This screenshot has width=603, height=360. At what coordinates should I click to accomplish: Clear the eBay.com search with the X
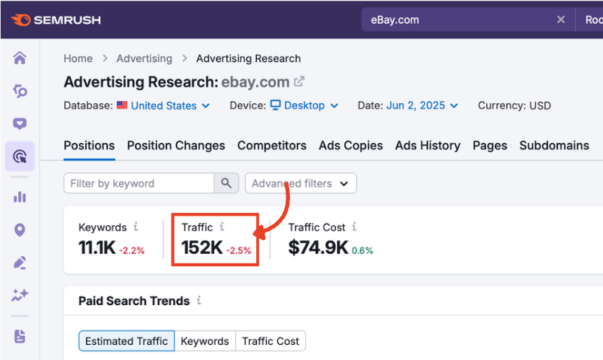point(560,19)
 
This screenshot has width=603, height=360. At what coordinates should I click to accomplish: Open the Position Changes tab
point(176,145)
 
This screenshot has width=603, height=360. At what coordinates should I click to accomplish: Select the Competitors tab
point(272,145)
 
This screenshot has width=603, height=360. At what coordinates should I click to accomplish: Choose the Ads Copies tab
point(351,145)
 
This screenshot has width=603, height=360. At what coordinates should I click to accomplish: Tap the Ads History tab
point(428,145)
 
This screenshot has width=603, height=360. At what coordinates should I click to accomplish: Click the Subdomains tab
point(554,145)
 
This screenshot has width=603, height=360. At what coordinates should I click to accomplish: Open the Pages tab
point(490,145)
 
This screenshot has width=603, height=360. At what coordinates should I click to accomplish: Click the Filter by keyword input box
point(139,183)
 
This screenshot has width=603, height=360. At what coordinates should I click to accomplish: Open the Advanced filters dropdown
point(301,183)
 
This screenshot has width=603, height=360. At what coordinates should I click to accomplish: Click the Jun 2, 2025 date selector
point(422,105)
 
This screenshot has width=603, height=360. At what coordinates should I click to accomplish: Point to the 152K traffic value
point(202,247)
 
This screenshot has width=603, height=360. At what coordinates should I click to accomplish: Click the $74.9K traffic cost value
point(318,247)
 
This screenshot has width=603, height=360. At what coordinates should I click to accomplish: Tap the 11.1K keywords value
point(97,247)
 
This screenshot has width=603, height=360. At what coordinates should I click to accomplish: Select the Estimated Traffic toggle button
point(126,341)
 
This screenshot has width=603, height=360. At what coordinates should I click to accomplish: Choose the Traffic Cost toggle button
point(270,341)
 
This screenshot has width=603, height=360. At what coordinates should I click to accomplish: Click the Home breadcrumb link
point(78,58)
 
